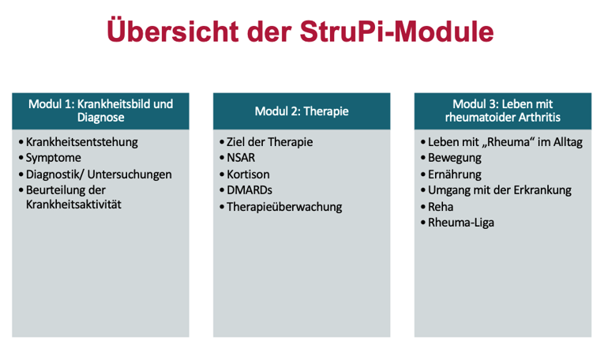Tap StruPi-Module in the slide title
click(397, 32)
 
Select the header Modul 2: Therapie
click(302, 111)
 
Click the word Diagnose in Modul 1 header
click(100, 118)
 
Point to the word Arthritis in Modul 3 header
click(539, 117)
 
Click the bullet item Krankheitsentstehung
click(81, 142)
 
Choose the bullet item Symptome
click(53, 158)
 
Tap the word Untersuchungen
click(129, 174)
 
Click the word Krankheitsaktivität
click(73, 204)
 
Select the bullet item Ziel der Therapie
click(270, 142)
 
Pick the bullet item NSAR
click(241, 158)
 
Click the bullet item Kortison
click(248, 174)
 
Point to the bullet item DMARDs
click(249, 190)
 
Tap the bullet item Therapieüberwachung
click(284, 207)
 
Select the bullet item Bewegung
click(455, 158)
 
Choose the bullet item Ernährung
click(455, 174)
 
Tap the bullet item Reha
click(441, 207)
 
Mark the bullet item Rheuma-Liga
click(461, 223)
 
